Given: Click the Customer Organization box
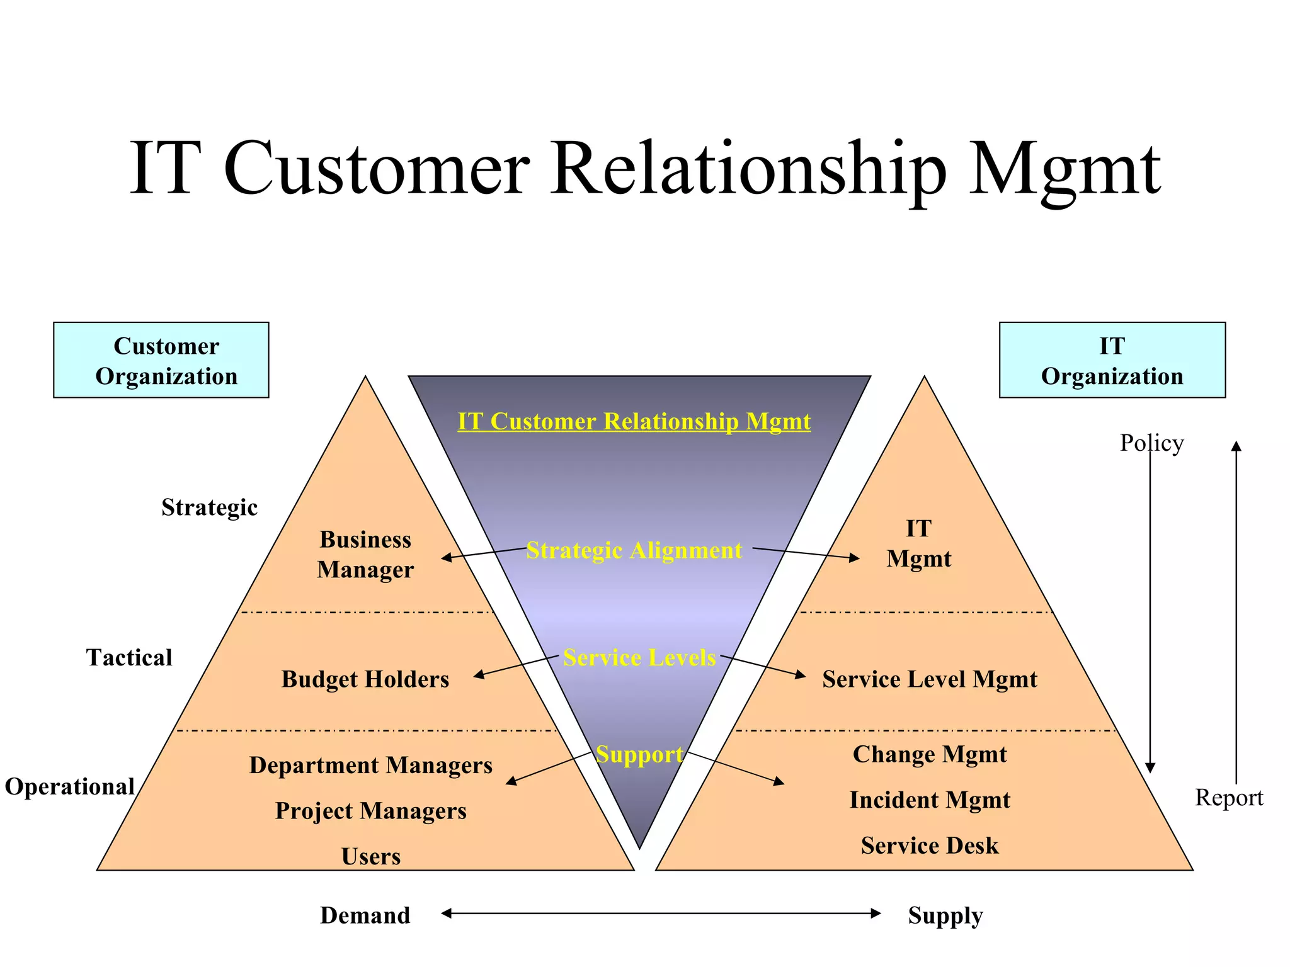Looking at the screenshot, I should click(x=161, y=360).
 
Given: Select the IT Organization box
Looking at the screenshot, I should click(x=1112, y=360).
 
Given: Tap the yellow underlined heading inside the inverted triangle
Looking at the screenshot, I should click(x=634, y=421).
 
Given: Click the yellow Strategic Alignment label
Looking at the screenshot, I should click(x=634, y=550).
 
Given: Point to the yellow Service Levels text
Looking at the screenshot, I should click(x=639, y=657).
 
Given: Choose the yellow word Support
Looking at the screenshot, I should click(x=639, y=754).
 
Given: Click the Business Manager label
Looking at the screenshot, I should click(x=365, y=554).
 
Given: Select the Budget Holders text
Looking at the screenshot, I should click(x=365, y=679).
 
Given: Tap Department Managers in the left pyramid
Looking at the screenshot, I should click(x=370, y=765).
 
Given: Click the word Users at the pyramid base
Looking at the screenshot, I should click(x=370, y=856).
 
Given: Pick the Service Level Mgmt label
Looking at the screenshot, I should click(x=929, y=679).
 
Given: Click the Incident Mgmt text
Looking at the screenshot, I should click(x=929, y=800).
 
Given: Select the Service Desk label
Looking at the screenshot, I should click(x=929, y=845).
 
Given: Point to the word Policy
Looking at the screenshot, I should click(x=1151, y=443).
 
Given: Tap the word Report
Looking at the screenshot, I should click(x=1229, y=797).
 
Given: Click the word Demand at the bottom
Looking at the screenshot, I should click(x=365, y=915).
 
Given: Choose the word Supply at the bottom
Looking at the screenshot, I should click(x=945, y=915).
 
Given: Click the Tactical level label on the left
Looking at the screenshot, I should click(x=129, y=657).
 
